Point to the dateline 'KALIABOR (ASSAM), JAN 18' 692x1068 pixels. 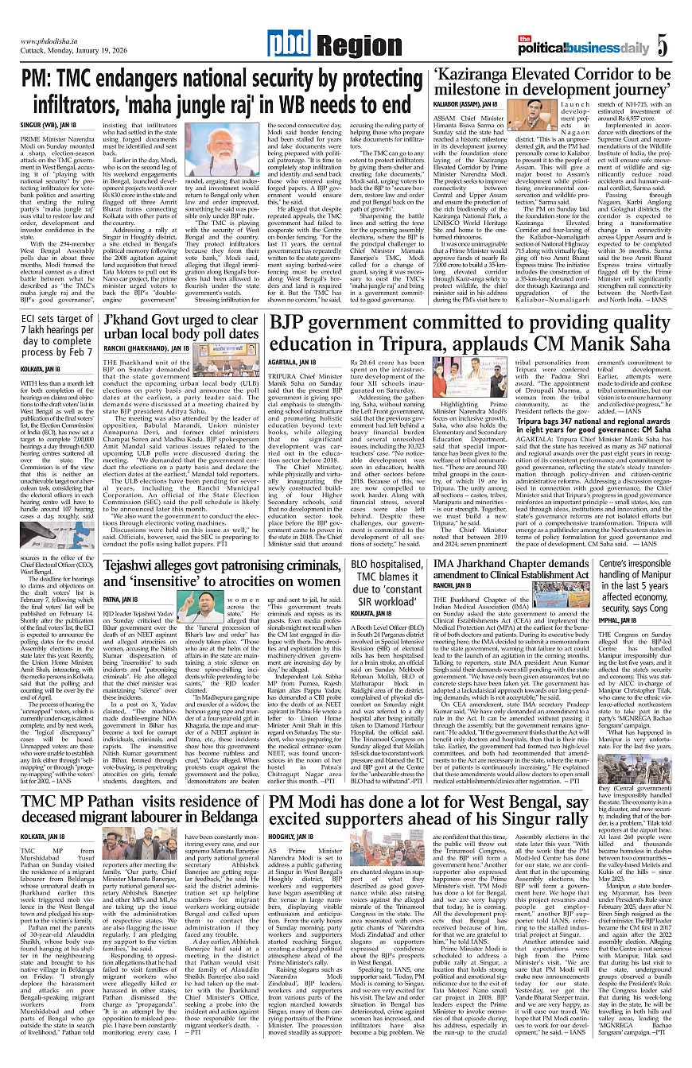465,104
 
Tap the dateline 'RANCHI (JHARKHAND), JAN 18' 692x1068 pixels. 146,348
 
